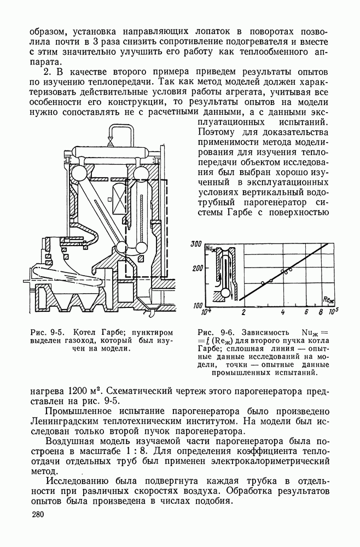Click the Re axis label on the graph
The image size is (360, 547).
329,299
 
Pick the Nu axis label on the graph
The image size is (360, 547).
210,249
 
